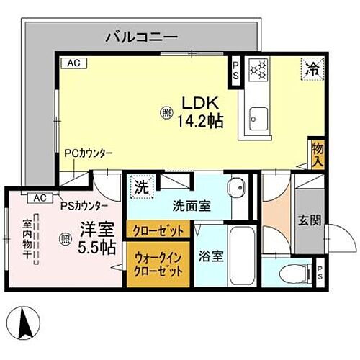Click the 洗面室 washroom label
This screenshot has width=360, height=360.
pos(191,205)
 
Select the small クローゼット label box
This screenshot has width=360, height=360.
pos(159,230)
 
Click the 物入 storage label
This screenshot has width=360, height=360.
pos(318,153)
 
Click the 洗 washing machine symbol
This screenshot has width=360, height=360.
pos(141,186)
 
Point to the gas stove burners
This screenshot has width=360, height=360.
pos(258,70)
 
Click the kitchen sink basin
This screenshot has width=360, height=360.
pos(257,115)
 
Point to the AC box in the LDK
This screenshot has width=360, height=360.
pos(73,63)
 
